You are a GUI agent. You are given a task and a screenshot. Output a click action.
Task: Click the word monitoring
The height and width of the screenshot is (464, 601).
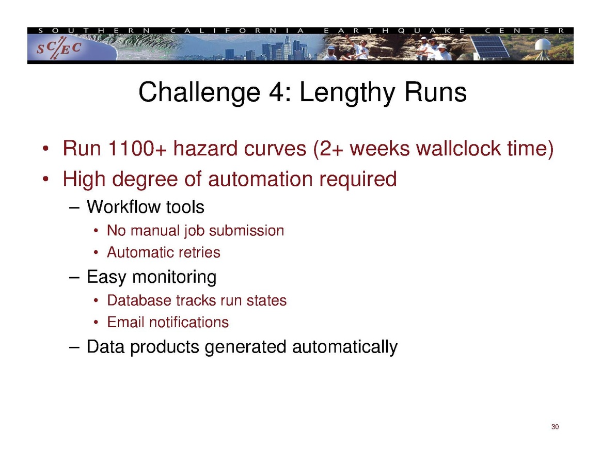175,277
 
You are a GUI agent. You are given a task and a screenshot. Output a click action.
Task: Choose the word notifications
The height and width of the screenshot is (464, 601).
188,322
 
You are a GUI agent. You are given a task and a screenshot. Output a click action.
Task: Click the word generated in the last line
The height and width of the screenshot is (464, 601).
245,347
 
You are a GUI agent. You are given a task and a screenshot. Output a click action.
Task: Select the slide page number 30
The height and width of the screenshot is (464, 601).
555,427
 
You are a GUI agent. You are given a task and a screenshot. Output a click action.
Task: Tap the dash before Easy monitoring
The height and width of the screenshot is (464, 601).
74,277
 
